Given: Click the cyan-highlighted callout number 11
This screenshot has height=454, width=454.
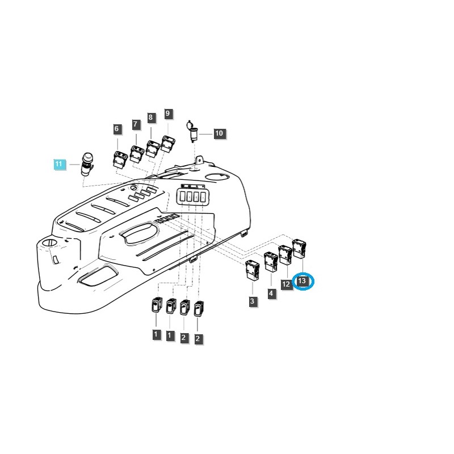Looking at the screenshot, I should click(60, 165).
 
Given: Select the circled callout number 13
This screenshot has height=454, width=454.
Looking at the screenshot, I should click(302, 281).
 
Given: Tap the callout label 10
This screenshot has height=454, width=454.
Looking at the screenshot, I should click(219, 134).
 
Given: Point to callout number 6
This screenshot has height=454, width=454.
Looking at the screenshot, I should click(117, 129).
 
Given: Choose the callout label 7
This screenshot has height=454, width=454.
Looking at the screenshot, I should click(136, 124).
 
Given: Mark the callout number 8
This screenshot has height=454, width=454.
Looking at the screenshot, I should click(150, 118).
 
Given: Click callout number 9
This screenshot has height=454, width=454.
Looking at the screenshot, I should click(167, 114).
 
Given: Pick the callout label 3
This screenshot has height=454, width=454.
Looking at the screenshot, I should click(253, 302).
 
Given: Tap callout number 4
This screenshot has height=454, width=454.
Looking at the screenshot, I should click(271, 293).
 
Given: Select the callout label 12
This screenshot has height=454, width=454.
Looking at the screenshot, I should click(287, 284).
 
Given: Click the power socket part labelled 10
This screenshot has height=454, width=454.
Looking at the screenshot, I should click(191, 132).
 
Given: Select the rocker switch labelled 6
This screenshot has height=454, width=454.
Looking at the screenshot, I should click(120, 159).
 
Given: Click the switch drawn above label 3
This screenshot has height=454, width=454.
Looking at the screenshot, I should click(252, 270).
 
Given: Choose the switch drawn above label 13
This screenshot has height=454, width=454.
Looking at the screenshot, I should click(299, 247).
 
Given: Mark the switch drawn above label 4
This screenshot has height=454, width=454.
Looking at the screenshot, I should click(270, 262).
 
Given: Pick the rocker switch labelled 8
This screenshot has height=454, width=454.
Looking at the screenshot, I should click(153, 148).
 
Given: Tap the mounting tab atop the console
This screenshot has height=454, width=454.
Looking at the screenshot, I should click(199, 159).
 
